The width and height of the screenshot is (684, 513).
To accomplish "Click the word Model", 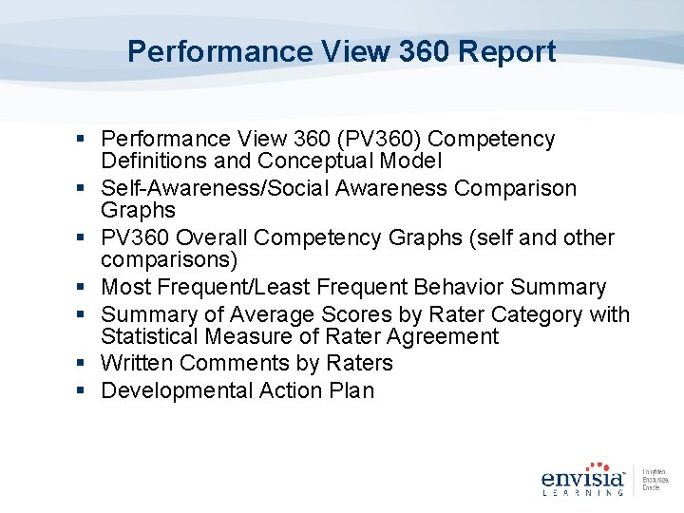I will pos(411,162).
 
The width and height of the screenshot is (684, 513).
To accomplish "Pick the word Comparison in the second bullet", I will pos(515,188).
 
